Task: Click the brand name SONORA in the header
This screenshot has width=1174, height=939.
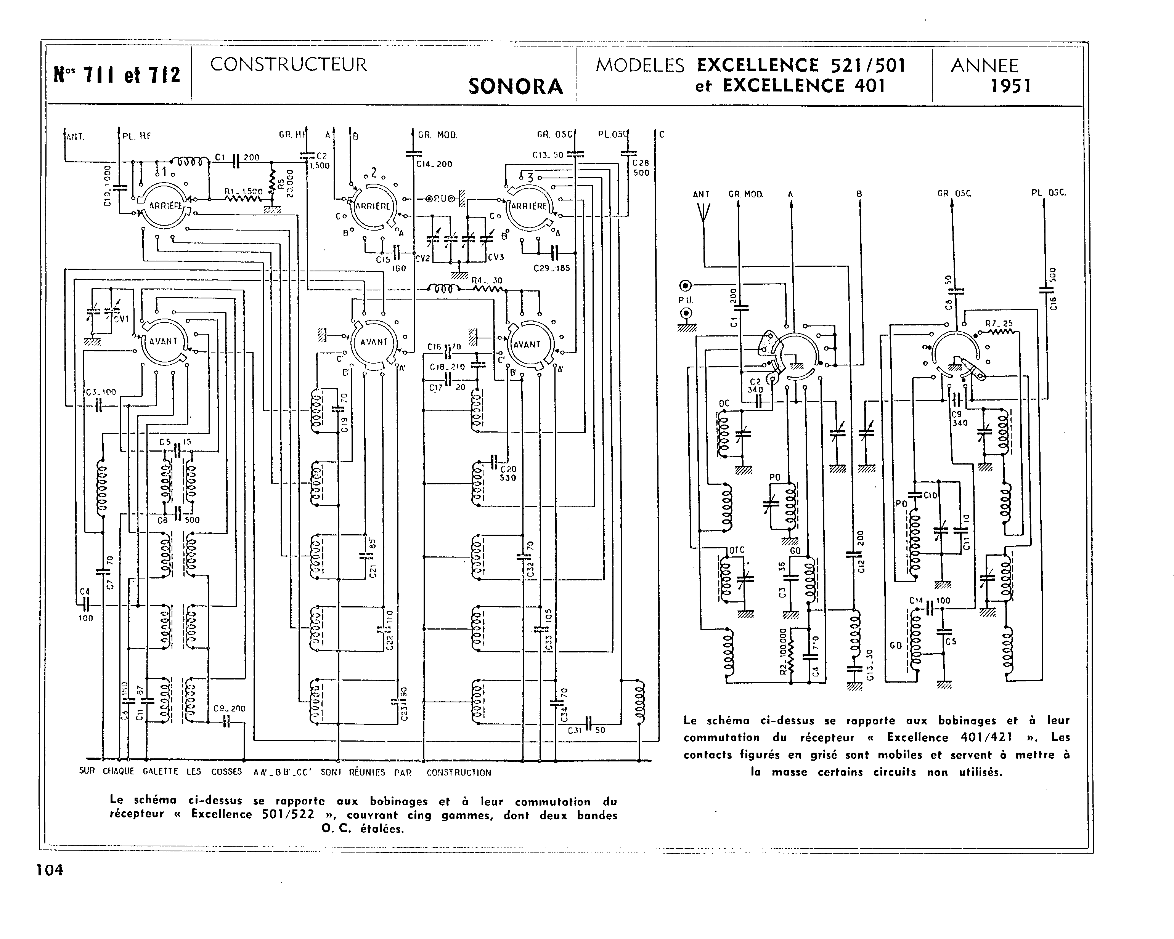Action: pos(516,87)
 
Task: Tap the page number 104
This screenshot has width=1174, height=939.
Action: pos(50,870)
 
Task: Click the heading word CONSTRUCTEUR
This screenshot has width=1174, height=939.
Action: pos(289,65)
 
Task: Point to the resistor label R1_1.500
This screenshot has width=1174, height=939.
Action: pos(243,192)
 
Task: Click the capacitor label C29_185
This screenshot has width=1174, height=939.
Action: pos(552,268)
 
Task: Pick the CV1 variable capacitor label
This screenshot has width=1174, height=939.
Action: pos(121,319)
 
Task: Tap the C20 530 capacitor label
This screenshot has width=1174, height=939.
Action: pos(508,473)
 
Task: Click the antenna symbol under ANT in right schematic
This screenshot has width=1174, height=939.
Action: pos(703,212)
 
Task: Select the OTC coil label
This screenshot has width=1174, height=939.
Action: pos(736,550)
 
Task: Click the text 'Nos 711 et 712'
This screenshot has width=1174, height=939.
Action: pos(117,75)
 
